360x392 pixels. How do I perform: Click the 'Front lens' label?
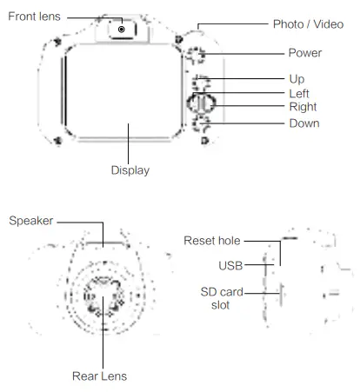click(34, 17)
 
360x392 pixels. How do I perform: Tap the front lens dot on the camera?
click(122, 30)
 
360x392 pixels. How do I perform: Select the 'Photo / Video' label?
click(308, 24)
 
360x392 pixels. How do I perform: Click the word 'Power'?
click(305, 53)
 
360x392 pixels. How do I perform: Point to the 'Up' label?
click(297, 79)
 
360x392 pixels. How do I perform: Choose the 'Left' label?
click(299, 94)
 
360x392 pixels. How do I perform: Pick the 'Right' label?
click(303, 107)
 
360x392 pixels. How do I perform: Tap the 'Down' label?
click(304, 123)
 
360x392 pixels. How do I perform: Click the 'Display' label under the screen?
click(130, 170)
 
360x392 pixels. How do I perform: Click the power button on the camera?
click(196, 56)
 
